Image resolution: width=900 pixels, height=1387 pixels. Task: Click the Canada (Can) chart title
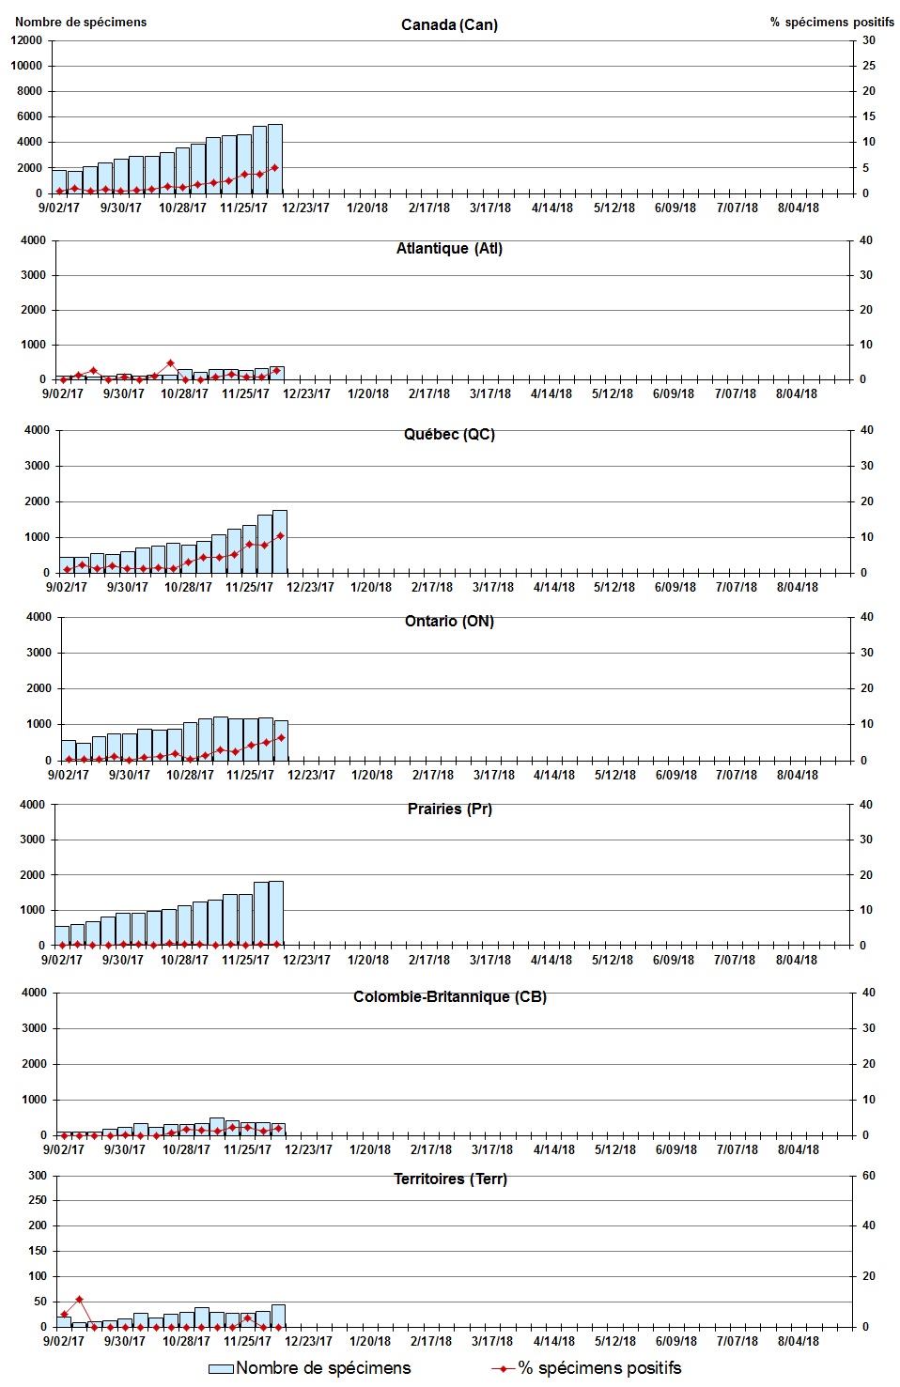coord(449,24)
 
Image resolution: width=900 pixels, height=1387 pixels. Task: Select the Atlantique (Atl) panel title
coord(449,249)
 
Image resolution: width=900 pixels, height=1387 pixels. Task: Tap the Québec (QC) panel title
coord(449,434)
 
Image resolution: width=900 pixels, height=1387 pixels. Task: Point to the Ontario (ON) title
coord(449,621)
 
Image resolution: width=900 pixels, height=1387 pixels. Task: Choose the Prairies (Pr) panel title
coord(449,809)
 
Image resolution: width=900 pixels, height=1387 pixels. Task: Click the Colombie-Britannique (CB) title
coord(449,996)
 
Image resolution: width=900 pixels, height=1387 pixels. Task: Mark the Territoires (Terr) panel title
coord(450,1179)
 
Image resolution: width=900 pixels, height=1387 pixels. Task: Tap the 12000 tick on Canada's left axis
coord(26,40)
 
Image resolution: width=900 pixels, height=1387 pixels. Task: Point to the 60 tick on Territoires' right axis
coord(869,1176)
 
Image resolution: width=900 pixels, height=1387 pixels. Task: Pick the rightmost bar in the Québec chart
coord(280,542)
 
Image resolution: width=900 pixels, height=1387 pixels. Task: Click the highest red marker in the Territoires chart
coord(79,1300)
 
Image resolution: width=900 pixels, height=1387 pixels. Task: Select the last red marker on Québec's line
coord(280,536)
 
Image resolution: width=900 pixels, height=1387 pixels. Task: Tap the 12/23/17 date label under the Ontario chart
coord(311,775)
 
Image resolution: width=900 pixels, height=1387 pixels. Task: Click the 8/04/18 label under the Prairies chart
coord(797,960)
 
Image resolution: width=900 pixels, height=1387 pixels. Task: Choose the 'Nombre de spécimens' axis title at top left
coord(81,22)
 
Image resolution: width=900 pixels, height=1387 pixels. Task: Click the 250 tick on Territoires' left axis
coord(38,1200)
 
